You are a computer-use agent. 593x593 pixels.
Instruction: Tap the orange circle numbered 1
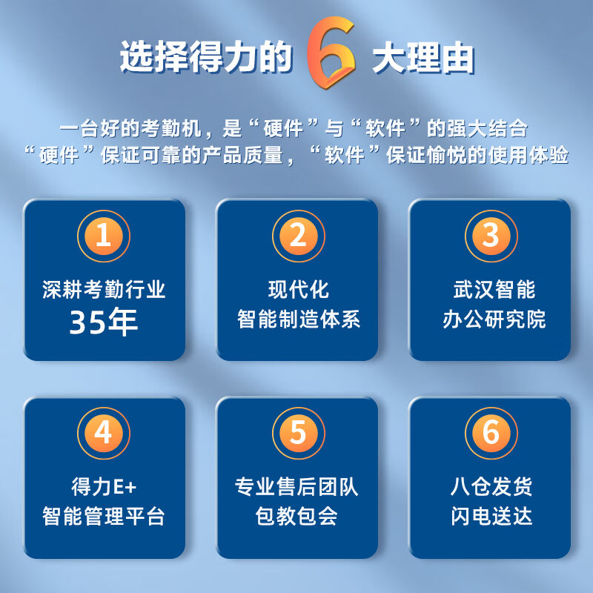coord(104,236)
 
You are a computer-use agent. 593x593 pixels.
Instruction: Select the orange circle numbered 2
coord(299,236)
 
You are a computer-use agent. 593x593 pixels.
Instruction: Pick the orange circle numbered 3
coord(491,236)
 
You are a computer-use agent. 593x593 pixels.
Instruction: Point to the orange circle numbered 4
coord(104,434)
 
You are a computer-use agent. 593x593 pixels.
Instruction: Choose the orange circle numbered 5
coord(299,434)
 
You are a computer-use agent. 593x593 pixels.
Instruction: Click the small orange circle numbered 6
coord(491,434)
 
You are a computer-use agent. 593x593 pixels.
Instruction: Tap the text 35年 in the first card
coord(104,322)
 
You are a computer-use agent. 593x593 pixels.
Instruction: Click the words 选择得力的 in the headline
coord(207,57)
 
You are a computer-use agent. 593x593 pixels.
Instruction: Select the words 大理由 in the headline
coord(423,58)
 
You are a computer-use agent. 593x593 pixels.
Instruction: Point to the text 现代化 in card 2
coord(299,290)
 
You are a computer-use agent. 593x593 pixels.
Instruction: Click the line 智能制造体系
coord(299,319)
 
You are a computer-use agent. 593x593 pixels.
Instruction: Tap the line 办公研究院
coord(494,319)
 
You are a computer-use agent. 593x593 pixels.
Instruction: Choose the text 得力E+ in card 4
coord(104,487)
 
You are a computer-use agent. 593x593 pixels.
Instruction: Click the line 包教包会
coord(296,516)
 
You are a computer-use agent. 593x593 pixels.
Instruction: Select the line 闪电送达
coord(491,516)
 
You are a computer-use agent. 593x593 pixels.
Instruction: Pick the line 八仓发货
coord(491,487)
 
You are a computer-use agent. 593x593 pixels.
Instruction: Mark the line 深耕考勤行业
coord(104,290)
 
